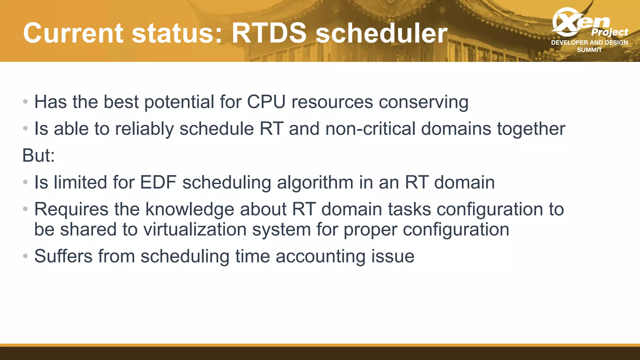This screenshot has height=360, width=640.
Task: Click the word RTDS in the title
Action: point(269,33)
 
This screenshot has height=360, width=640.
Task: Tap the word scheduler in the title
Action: point(382,33)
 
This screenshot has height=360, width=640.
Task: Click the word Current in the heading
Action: point(73,33)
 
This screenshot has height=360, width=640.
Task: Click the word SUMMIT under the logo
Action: point(589,50)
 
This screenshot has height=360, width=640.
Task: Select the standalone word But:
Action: point(38,155)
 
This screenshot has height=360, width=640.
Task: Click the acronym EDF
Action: point(158,182)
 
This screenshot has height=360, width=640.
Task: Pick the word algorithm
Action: point(315,183)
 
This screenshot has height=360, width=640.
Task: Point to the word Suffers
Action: point(63,256)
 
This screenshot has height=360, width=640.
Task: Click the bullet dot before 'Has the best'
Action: point(25,102)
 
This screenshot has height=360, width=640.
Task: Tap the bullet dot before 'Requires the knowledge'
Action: point(25,209)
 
